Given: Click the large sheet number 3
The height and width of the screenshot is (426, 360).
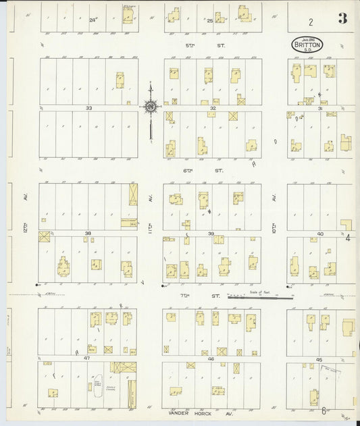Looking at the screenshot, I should pos(342,18).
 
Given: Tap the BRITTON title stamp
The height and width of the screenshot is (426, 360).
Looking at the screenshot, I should pos(307,45).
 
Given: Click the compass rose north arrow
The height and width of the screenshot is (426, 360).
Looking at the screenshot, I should pos(151,106).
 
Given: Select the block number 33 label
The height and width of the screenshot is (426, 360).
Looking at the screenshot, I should pos(88,108).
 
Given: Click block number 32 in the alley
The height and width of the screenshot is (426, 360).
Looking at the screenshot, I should pos(212,108).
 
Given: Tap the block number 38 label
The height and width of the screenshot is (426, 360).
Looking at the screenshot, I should pos(88,234).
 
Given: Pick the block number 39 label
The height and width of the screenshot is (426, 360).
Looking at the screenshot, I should pos(211,234).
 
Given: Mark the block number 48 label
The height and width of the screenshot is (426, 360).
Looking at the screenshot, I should pos(211,359).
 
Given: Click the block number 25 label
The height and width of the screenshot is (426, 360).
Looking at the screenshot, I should pos(210,21).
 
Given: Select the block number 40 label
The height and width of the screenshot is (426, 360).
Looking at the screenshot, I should pos(320,234).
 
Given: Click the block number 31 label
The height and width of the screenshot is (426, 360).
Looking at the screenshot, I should pos(320,108).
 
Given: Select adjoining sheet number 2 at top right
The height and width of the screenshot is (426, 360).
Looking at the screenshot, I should pos(311,22).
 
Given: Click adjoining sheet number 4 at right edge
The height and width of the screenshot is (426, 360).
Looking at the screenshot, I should pos(348,238).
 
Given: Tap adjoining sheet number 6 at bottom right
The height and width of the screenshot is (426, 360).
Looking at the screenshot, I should pos(324,410).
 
